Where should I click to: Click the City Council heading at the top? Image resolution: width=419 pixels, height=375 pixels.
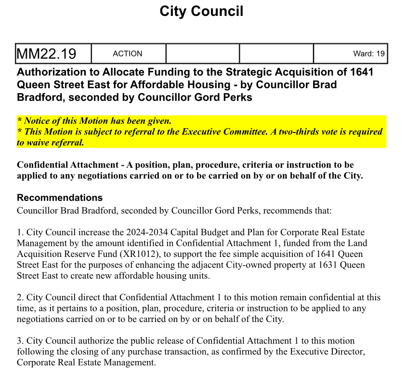pyautogui.click(x=201, y=11)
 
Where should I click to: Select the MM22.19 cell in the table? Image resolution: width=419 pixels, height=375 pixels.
pyautogui.click(x=47, y=54)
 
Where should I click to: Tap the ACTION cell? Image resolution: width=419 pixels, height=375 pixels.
pyautogui.click(x=128, y=54)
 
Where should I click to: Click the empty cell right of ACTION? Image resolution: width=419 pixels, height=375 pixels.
pyautogui.click(x=202, y=54)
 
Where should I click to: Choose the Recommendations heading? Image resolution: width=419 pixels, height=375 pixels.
pyautogui.click(x=60, y=198)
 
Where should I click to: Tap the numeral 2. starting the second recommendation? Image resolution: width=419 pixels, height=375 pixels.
pyautogui.click(x=20, y=297)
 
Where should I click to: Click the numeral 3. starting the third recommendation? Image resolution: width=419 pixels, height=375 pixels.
pyautogui.click(x=20, y=341)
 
